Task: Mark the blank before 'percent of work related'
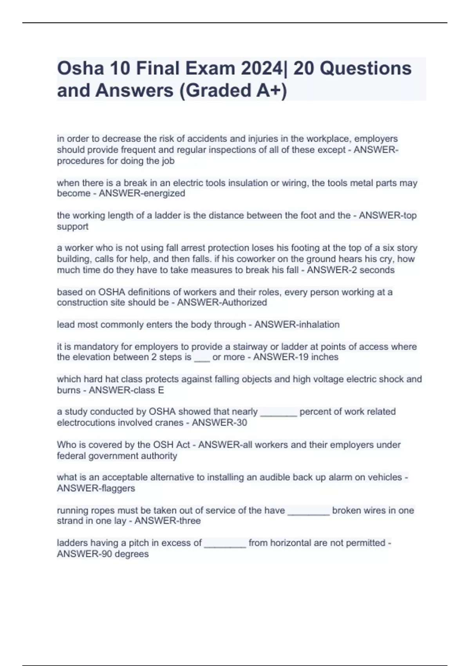(x=278, y=412)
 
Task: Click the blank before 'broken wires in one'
(x=309, y=511)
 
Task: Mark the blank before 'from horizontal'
(x=225, y=543)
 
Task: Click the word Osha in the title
(x=80, y=69)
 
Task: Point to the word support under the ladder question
(x=72, y=226)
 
